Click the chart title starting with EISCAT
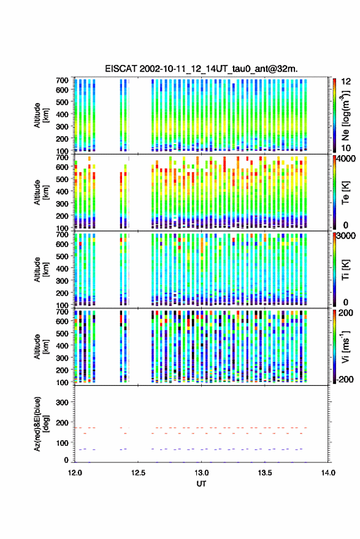201,69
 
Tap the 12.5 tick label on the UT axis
138,473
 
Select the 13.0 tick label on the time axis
202,473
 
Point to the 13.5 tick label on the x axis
265,473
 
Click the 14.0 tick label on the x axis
328,473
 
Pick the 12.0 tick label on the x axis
75,473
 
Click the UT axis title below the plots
201,484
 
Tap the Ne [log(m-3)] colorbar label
345,115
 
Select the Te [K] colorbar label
345,193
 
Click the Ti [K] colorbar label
345,270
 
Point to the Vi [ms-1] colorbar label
345,346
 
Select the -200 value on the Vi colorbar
345,379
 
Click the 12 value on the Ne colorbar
347,82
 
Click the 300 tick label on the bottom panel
61,402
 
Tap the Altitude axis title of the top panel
41,115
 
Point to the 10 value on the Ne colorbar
347,148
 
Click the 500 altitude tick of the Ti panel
61,256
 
